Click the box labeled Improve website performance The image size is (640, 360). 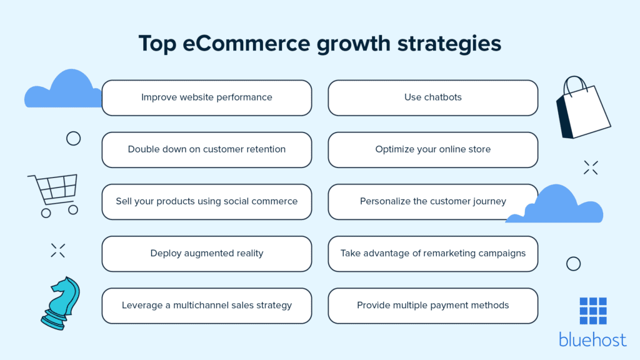pos(206,97)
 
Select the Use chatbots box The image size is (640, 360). pos(432,97)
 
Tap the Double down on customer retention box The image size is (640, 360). pos(206,149)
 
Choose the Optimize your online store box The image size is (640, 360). pos(432,149)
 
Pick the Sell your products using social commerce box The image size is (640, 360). pos(206,201)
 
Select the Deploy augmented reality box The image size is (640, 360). pos(206,253)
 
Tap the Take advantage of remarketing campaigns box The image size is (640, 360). pos(432,253)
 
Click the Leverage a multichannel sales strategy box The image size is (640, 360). pos(206,305)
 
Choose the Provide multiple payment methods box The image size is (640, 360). pos(432,305)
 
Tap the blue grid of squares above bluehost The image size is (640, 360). pos(592,310)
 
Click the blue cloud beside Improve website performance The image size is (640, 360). pos(62,91)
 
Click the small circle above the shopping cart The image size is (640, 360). pos(73,138)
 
